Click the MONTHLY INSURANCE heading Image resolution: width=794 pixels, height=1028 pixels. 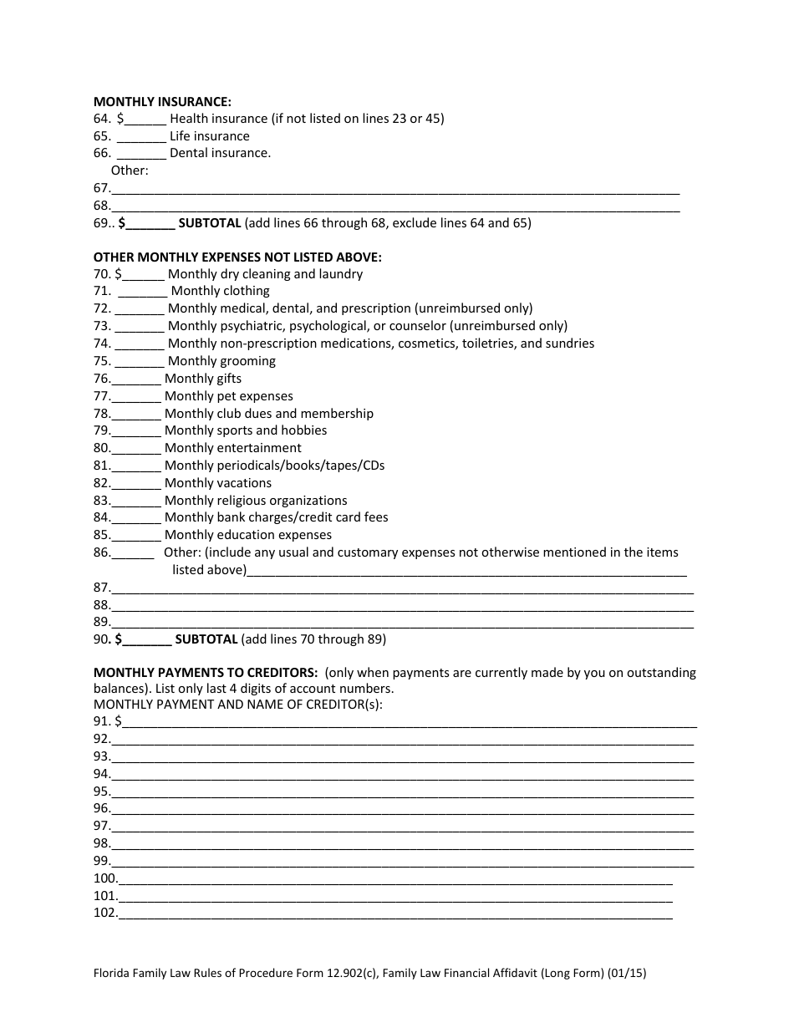[162, 101]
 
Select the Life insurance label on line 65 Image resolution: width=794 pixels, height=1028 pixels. [209, 136]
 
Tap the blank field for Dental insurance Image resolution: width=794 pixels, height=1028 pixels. [140, 154]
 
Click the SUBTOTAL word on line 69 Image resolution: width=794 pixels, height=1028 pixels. [210, 223]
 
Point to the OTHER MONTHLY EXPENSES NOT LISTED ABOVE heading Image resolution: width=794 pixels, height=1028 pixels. [237, 257]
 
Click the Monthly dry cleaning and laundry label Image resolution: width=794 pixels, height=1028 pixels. [265, 274]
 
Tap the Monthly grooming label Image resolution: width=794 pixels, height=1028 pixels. [221, 361]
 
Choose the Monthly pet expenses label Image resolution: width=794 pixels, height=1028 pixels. [228, 396]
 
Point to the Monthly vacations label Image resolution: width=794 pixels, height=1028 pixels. [217, 483]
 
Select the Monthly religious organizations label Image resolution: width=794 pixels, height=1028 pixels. [255, 501]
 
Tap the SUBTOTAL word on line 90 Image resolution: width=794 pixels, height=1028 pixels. [206, 639]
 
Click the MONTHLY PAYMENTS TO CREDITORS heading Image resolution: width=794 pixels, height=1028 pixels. [205, 673]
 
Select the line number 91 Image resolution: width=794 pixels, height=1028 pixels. [101, 720]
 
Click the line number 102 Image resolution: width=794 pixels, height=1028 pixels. [104, 913]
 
